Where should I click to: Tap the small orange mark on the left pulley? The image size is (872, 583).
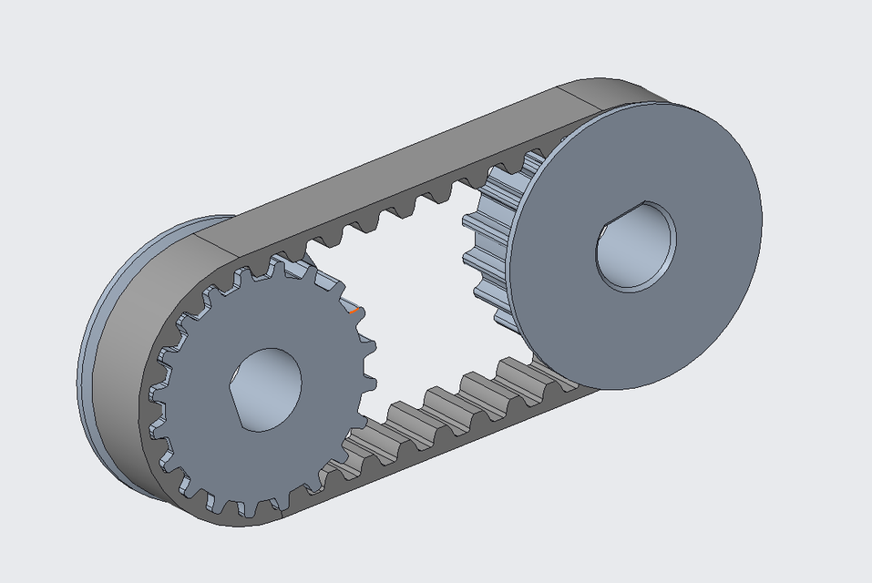point(355,312)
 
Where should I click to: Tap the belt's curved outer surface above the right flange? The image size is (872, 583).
point(620,96)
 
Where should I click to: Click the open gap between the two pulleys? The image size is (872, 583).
point(419,301)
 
